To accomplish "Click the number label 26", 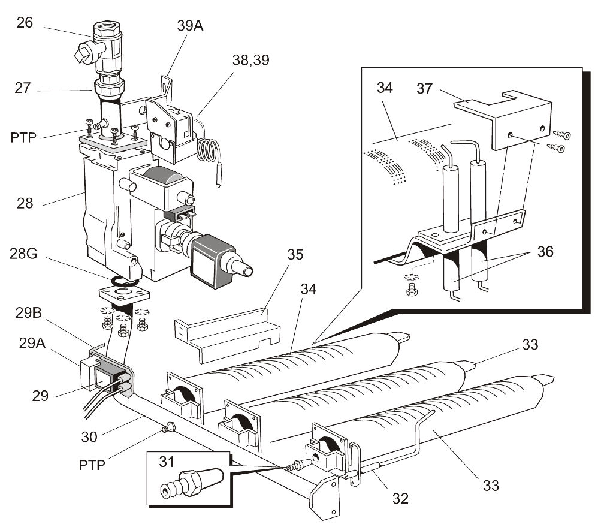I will click(25, 23).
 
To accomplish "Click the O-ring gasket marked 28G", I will click(126, 280).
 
